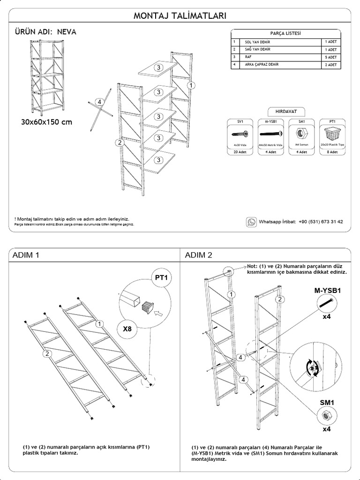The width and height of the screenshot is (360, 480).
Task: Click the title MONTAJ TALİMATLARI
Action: point(180,15)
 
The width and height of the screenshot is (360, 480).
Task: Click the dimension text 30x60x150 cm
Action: point(46,122)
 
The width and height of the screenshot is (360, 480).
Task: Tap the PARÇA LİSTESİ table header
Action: point(285,34)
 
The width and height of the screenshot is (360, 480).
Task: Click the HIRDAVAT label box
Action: point(285,112)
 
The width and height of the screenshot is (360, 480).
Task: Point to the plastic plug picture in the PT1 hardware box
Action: point(332,133)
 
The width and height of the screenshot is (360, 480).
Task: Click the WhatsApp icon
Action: point(252,222)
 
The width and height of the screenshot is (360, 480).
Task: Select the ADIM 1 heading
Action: point(25,255)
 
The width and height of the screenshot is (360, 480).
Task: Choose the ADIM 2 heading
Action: point(198,255)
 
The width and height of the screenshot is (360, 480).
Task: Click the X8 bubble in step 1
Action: point(127,329)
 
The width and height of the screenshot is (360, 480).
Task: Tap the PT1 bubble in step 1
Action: point(161,278)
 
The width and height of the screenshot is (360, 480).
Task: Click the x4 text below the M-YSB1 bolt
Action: point(327,317)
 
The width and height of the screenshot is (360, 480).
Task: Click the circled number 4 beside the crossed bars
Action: point(99,101)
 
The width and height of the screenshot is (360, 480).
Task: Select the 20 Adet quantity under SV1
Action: point(240,152)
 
